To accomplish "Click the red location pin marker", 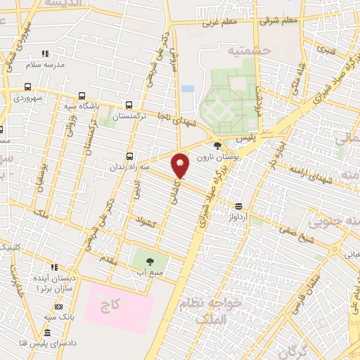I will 181,166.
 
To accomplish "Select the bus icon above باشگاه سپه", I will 82,96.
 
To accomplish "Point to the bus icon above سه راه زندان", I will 129,156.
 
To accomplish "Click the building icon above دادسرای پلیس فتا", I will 47,331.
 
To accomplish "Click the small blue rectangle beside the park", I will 187,89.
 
